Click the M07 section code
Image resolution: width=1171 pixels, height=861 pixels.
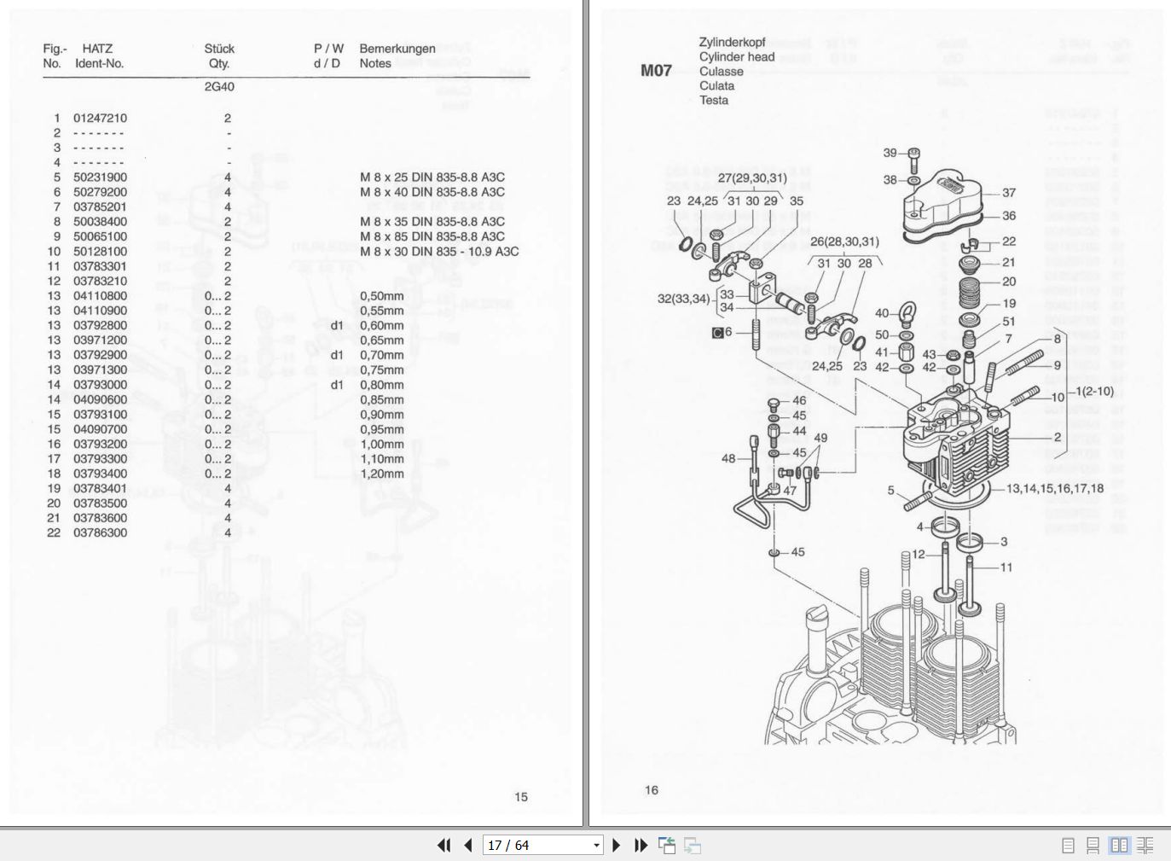click(656, 71)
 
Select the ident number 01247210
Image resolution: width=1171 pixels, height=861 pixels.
click(100, 119)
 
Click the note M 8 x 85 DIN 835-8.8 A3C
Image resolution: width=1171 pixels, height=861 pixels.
click(432, 236)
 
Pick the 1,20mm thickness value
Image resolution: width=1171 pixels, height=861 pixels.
click(381, 474)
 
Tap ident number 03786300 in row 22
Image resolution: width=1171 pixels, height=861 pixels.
click(100, 533)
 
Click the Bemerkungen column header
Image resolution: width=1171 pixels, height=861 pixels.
click(397, 49)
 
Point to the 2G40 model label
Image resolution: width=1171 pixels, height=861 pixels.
click(219, 87)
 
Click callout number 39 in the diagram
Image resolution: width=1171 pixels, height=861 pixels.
click(890, 153)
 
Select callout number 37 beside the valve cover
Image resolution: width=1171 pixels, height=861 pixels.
click(1009, 193)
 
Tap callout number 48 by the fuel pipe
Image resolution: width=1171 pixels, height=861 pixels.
click(728, 458)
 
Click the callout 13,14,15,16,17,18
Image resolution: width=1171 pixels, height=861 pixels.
click(1054, 489)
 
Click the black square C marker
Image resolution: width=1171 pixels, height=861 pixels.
click(717, 333)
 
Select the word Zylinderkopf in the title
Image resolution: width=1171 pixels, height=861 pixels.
click(732, 42)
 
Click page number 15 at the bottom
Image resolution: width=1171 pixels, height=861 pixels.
click(521, 797)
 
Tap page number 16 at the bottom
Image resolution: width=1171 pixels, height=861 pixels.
click(652, 790)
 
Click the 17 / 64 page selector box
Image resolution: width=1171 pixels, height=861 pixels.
click(543, 846)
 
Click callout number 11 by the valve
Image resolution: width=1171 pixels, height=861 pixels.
click(1006, 567)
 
